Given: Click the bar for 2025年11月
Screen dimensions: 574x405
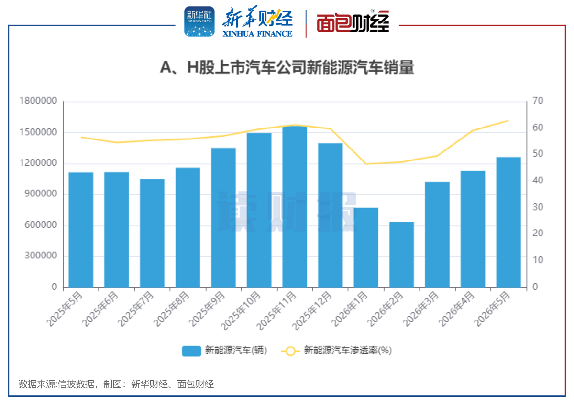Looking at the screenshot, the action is click(x=295, y=206).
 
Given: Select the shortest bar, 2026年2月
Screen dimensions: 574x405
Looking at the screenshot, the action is click(x=401, y=254).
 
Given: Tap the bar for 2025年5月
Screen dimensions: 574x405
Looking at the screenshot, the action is click(x=81, y=230).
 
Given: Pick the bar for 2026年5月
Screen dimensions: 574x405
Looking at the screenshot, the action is click(x=508, y=222).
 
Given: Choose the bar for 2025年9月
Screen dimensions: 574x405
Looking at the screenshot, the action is click(x=223, y=217).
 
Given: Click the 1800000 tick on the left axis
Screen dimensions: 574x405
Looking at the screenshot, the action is click(x=38, y=101).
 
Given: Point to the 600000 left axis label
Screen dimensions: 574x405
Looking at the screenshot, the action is click(x=41, y=224).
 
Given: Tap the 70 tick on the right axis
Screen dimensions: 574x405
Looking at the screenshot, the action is click(x=538, y=101).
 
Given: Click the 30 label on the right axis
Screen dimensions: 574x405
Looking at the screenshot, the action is click(x=538, y=207).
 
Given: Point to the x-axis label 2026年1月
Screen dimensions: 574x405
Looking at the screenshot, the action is click(x=350, y=309).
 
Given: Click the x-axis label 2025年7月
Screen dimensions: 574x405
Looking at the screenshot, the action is click(x=136, y=309).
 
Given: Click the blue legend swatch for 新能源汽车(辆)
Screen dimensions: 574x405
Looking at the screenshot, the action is click(x=191, y=351).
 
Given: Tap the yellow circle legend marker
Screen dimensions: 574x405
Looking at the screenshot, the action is click(x=290, y=351).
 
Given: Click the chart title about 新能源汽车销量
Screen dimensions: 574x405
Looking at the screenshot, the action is click(x=287, y=67).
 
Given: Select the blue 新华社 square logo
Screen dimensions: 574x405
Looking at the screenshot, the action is click(x=199, y=21).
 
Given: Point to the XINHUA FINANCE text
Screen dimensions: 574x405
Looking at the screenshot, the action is click(x=257, y=34).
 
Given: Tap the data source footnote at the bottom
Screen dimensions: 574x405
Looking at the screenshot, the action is click(x=116, y=384).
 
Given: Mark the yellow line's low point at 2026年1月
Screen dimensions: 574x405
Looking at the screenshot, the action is click(x=366, y=164).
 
